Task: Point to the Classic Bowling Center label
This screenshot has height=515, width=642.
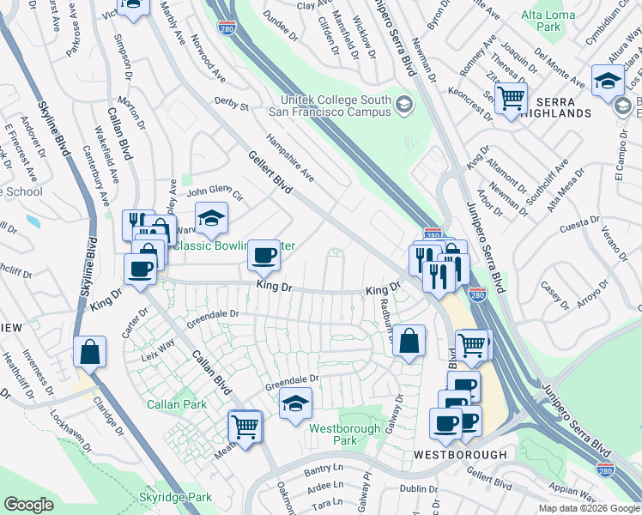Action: tap(234, 246)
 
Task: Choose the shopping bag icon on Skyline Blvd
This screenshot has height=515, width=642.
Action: tap(89, 351)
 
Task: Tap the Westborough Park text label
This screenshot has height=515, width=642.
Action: tap(332, 433)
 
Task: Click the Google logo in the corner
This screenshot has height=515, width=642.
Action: tap(28, 505)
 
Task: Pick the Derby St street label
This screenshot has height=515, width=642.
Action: tap(231, 106)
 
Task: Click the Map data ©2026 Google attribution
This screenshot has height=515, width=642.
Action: tap(588, 508)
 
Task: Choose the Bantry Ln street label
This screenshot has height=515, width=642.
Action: tap(323, 470)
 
